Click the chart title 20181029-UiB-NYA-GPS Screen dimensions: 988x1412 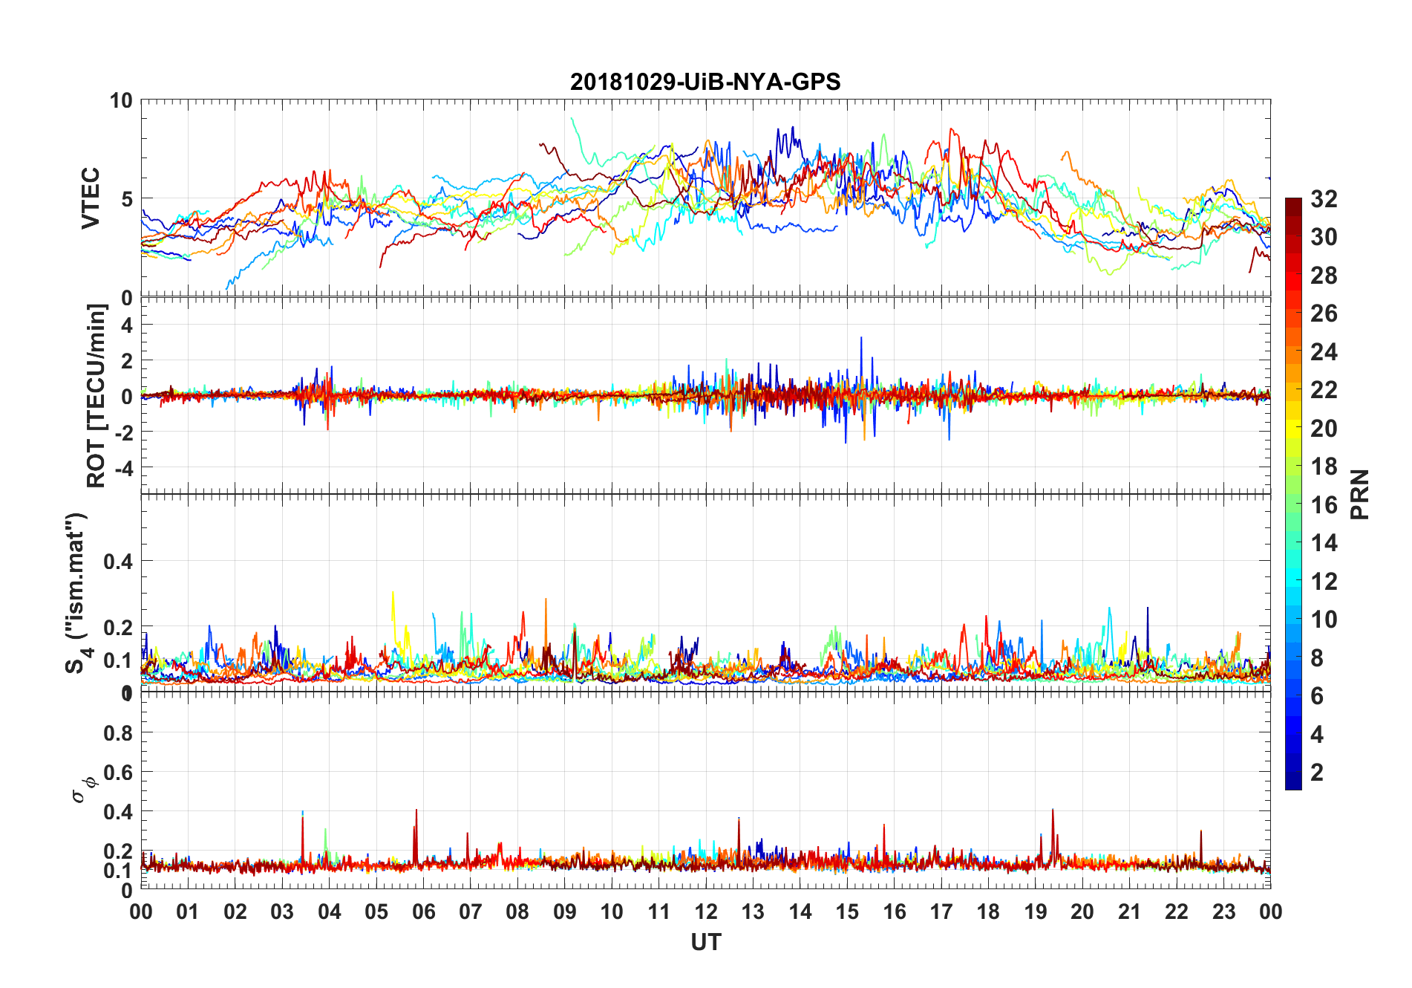pos(705,82)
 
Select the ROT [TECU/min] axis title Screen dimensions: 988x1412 pos(97,395)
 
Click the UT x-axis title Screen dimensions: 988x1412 pos(705,943)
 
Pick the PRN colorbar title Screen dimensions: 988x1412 pos(1359,494)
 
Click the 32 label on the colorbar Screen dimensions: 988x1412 pos(1324,199)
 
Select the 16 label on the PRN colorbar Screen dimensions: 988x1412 pos(1324,505)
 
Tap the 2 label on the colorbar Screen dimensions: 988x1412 pos(1317,773)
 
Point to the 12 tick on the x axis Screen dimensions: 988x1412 pos(706,911)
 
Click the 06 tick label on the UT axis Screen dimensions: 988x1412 pos(423,911)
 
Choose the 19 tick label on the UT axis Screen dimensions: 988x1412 pos(1035,911)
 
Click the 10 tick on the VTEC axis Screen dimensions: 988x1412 pos(121,100)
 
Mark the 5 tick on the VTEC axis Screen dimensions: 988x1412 pos(126,199)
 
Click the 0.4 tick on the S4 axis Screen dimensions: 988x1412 pos(118,562)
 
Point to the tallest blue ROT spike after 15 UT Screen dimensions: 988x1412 pos(861,338)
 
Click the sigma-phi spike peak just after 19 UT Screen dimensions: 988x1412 pos(1053,810)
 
